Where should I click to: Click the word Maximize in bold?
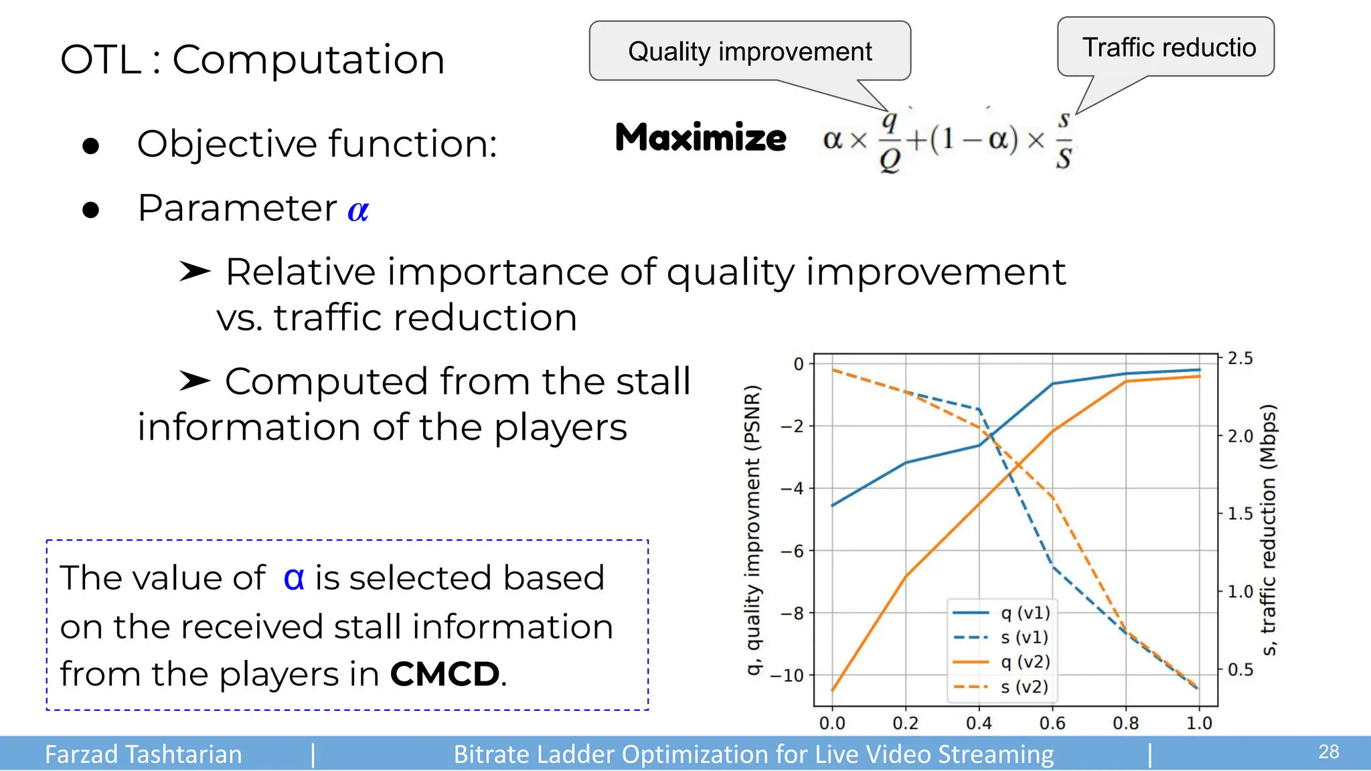pos(700,138)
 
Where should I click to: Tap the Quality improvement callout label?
pos(750,52)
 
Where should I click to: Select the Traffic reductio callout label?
pos(1168,48)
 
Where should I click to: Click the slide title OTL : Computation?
pos(252,60)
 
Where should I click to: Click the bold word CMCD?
pos(445,674)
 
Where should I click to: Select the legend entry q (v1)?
pos(1025,612)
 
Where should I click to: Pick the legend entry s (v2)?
pos(1024,687)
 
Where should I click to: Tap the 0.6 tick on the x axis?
pos(1052,723)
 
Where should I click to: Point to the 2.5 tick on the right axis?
pos(1240,359)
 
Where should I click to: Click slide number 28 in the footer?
pos(1328,752)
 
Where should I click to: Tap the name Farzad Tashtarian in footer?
pos(143,754)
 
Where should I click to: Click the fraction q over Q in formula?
pos(889,141)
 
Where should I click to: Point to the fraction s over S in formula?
pos(1064,141)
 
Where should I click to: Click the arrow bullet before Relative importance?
pos(195,272)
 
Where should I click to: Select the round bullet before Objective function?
pos(91,146)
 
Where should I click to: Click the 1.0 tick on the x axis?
pos(1199,723)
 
